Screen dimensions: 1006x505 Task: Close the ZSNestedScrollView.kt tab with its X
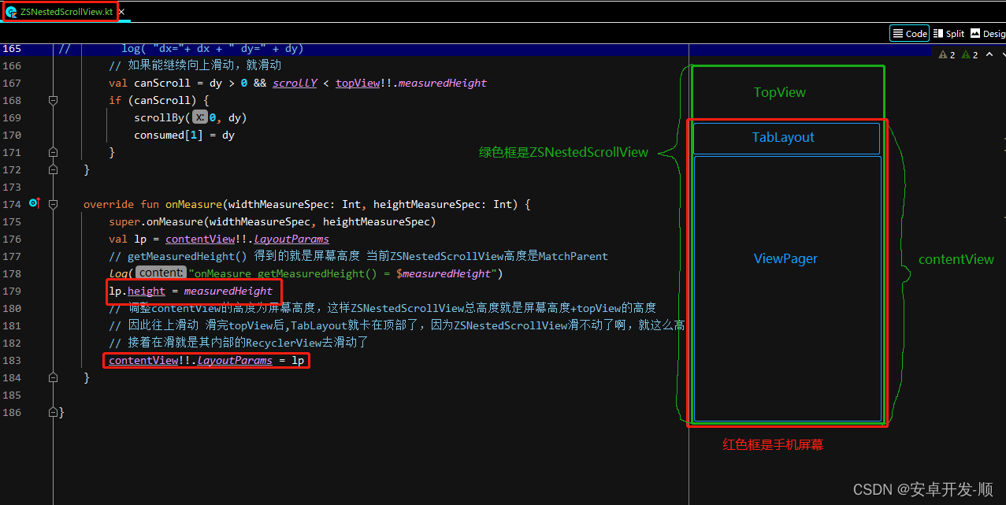point(121,13)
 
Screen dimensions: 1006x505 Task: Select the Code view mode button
point(909,33)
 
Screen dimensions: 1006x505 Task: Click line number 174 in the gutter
point(12,204)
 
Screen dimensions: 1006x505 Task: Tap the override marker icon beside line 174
point(34,203)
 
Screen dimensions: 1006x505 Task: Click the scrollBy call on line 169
point(159,117)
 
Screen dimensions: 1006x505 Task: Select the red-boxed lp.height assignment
point(191,291)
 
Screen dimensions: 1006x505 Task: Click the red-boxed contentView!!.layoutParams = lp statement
point(206,360)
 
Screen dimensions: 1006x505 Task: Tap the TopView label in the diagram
point(779,92)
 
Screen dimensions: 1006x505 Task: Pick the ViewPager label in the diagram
point(785,258)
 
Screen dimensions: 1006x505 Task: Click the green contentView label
point(956,259)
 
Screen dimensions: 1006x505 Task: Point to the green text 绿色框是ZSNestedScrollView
point(563,152)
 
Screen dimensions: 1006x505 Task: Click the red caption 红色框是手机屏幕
point(773,444)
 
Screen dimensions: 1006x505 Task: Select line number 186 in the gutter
point(12,412)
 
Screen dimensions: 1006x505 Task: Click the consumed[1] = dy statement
point(184,135)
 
